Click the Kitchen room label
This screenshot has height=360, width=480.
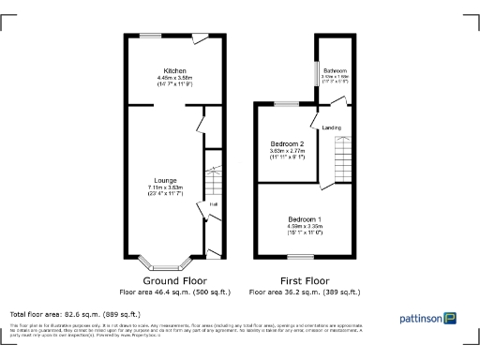point(174,71)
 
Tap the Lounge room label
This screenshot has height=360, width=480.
point(166,181)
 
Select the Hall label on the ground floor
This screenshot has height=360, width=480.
point(213,204)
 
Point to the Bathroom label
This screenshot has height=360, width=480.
point(335,71)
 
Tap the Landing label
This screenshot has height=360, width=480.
point(331,127)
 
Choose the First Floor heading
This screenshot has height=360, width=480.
point(304,280)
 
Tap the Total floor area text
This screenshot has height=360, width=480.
point(75,313)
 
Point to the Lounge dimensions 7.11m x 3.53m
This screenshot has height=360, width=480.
point(166,188)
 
